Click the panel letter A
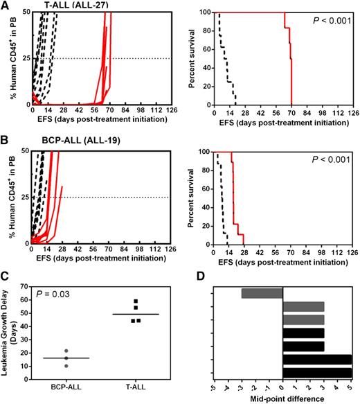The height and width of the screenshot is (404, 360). pyautogui.click(x=5, y=5)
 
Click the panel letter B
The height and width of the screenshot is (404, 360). pyautogui.click(x=5, y=139)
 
